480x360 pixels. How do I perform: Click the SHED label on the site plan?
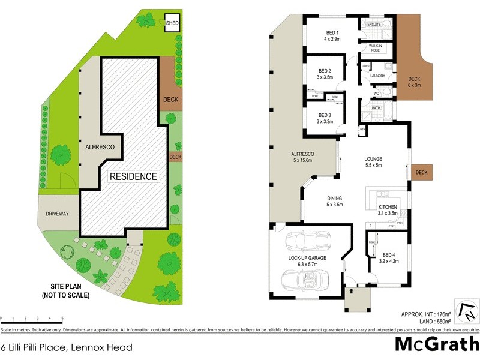coord(172,23)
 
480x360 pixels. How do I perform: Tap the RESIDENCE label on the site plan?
coord(133,176)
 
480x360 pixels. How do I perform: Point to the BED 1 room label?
coord(332,32)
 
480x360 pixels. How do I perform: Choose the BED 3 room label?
coord(325,115)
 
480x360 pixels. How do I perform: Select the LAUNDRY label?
coord(377,76)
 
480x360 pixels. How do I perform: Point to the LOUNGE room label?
coord(374,159)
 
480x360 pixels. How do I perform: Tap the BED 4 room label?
coord(389,254)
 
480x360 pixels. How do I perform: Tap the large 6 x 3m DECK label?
coord(414,82)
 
